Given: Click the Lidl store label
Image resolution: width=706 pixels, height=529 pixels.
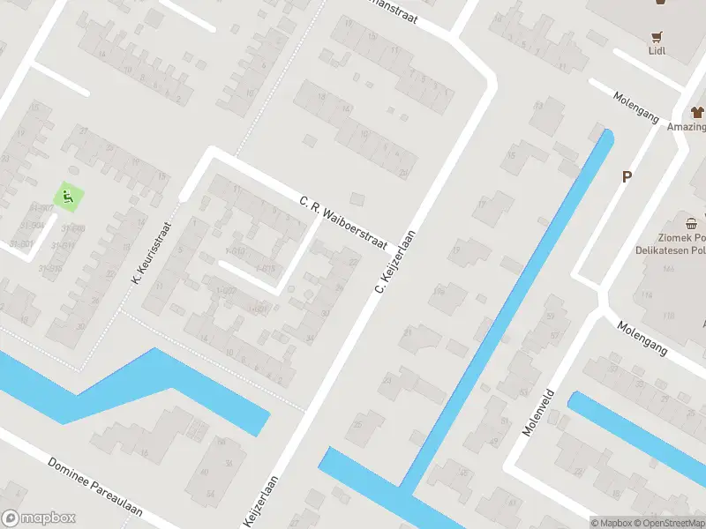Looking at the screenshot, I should point(657,50).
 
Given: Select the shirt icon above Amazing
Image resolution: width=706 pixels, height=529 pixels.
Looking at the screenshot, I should point(696,112).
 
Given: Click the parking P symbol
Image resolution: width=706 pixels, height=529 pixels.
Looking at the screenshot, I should point(627,176).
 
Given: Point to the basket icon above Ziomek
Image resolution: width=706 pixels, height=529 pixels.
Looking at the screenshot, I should point(692,223).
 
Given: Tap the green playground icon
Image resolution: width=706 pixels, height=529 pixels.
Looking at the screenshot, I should point(65,196).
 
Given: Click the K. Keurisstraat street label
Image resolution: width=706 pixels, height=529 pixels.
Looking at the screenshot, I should point(150,252).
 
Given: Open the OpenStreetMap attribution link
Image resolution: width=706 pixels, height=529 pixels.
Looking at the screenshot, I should point(668,523).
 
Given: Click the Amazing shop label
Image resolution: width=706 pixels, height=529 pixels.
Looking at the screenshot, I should point(687,127).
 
